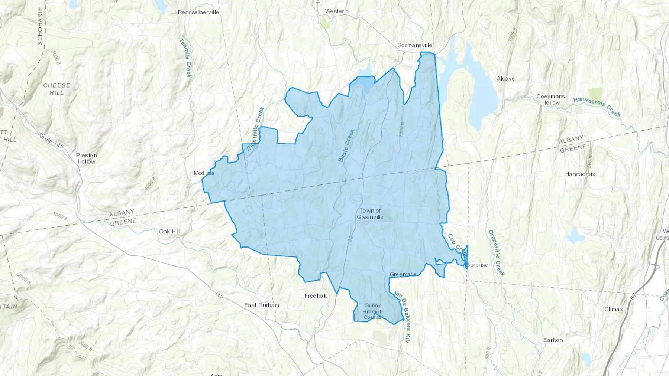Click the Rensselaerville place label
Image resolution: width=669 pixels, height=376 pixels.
coord(198,12)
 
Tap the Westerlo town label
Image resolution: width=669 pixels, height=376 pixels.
coord(337,11)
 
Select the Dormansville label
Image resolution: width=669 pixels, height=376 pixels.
coord(415,45)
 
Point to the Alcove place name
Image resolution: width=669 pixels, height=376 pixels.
coord(505,78)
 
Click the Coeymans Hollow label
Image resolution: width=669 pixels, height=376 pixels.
coord(550,99)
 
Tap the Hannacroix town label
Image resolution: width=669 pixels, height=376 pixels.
coord(580,174)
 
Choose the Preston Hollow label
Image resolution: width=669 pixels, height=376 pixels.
coord(87,158)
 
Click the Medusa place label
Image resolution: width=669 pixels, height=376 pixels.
coord(204,173)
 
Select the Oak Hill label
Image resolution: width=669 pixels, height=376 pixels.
coord(169,231)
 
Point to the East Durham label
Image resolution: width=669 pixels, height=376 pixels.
coord(261,305)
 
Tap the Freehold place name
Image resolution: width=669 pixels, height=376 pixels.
coord(316,296)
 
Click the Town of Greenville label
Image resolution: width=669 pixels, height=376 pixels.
coord(370,214)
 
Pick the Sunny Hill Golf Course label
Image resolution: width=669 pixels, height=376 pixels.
coord(372,311)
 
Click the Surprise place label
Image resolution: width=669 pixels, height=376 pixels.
coord(477,265)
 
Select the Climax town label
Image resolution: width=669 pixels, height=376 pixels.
coord(613,309)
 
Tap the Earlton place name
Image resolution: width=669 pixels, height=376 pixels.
coord(553,340)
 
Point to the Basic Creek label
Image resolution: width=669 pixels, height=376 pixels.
coord(346,146)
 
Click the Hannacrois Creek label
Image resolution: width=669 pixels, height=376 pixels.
coord(597,107)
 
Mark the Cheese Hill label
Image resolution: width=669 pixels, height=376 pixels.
coord(56,89)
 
